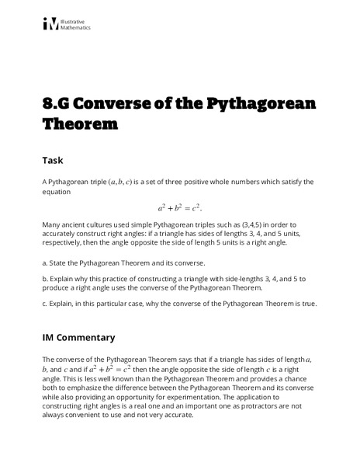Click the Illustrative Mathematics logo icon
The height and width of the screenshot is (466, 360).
click(x=50, y=24)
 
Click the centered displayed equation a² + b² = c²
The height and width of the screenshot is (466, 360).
click(x=179, y=207)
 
